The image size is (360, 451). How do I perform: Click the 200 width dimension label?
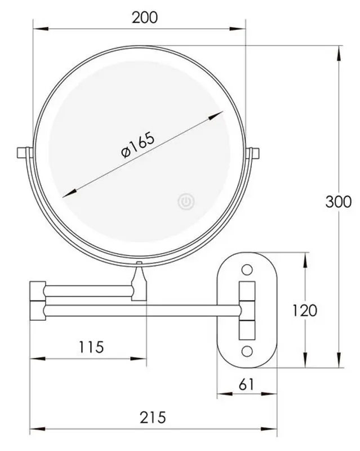click(x=145, y=17)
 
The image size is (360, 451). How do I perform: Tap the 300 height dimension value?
click(x=338, y=201)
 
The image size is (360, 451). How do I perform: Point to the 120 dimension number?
click(x=305, y=310)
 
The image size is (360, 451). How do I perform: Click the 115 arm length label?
click(x=91, y=346)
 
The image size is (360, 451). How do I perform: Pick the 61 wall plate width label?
click(x=246, y=384)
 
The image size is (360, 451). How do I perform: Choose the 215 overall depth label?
click(x=153, y=417)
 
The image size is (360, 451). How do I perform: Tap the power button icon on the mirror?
click(x=185, y=201)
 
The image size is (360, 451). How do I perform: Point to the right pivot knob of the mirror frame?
click(x=253, y=153)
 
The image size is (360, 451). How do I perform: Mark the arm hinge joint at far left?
click(x=37, y=300)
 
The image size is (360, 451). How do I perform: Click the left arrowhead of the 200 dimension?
click(x=37, y=28)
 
